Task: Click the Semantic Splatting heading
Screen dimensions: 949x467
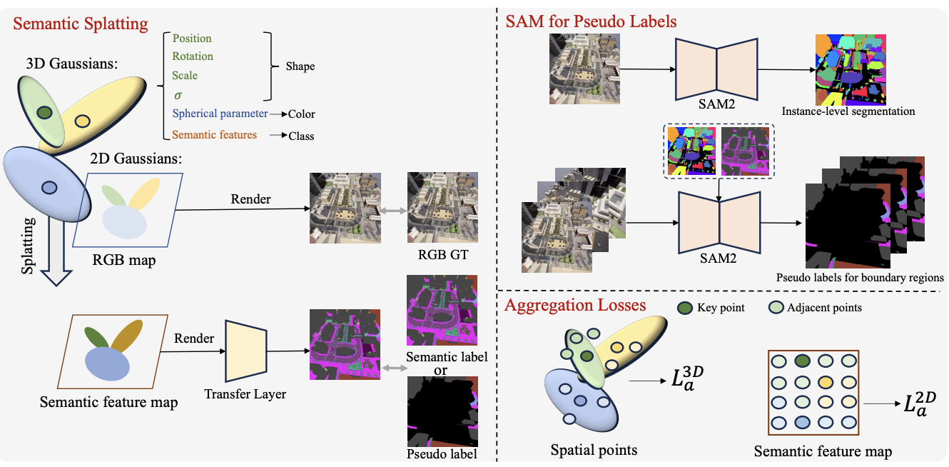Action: (81, 24)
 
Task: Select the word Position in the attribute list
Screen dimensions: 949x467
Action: (192, 38)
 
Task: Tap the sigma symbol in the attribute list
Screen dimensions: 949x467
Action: (178, 96)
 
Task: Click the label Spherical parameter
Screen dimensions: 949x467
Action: (220, 114)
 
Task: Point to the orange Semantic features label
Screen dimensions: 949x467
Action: (214, 135)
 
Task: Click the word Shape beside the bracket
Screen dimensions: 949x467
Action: (300, 66)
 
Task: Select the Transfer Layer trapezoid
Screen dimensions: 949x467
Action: (245, 351)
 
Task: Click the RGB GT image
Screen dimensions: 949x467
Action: (442, 207)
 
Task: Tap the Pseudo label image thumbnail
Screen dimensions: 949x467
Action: (442, 411)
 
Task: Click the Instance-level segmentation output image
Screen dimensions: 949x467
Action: (851, 70)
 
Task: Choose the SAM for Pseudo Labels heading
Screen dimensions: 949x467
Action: (591, 21)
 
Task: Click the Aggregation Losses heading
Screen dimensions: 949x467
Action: (575, 305)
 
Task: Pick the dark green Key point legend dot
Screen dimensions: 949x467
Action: (685, 308)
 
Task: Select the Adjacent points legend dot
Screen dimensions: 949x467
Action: (776, 308)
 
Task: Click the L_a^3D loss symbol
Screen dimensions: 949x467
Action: (687, 378)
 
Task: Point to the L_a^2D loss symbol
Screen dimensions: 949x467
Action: (919, 403)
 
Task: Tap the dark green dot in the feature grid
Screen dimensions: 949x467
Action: (803, 361)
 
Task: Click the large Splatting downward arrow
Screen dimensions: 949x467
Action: (56, 250)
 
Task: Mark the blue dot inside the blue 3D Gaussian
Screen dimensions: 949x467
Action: (49, 188)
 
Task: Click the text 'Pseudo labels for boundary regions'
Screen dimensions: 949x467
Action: (860, 278)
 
